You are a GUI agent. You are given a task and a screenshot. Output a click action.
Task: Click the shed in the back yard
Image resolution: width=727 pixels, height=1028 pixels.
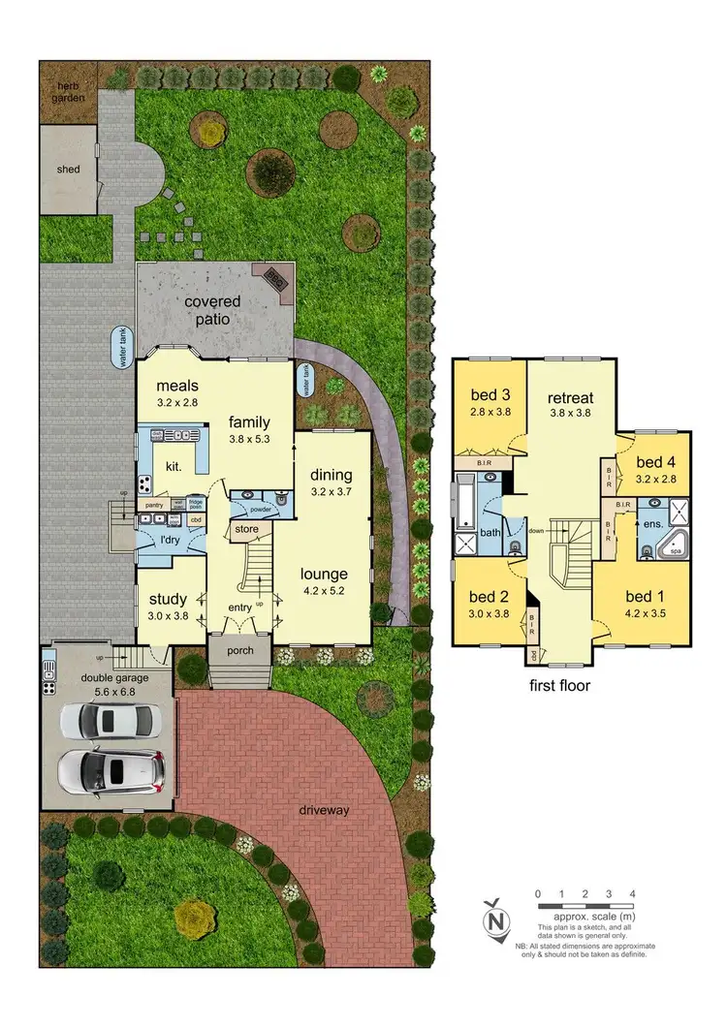[x=68, y=170]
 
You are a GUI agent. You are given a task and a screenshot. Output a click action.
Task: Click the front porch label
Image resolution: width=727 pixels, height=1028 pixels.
[x=233, y=650]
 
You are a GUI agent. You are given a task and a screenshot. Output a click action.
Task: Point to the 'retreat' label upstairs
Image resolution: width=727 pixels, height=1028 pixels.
[x=571, y=397]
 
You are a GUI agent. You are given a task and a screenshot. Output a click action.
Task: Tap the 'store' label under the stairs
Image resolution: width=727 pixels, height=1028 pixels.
[x=246, y=529]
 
